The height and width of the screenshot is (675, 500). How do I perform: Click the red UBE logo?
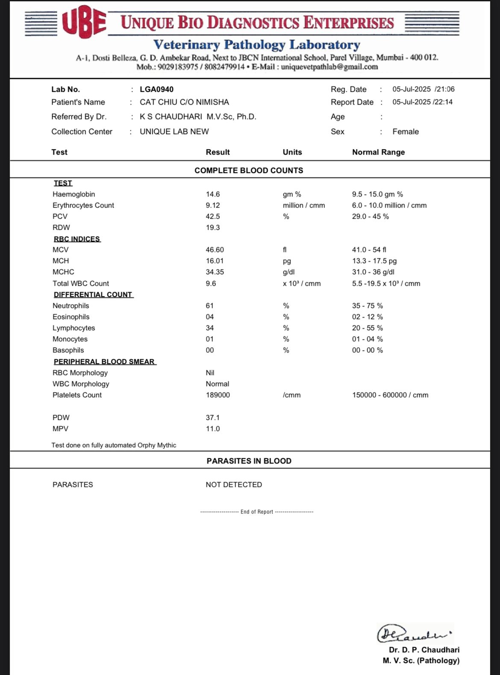click(x=84, y=22)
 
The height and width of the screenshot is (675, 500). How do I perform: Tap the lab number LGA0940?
click(x=156, y=89)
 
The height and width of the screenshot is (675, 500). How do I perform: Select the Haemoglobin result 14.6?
click(x=213, y=194)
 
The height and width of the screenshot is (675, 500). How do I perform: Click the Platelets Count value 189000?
click(x=218, y=395)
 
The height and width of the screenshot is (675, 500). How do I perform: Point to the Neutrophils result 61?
click(x=209, y=306)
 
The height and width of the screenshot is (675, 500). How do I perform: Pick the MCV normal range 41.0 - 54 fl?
click(x=369, y=250)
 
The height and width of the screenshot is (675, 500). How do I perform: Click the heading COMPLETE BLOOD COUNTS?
click(x=249, y=170)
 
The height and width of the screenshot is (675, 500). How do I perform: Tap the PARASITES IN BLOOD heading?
click(x=249, y=461)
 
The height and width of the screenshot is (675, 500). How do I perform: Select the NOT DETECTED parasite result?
click(x=234, y=485)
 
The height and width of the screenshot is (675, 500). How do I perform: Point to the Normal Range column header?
click(x=378, y=152)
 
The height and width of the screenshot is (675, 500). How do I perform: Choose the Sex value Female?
click(x=406, y=132)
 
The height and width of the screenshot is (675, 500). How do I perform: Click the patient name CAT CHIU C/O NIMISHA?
click(x=184, y=102)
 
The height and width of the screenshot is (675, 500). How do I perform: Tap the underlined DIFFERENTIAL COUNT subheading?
click(x=93, y=295)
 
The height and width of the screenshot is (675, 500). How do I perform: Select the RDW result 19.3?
click(x=213, y=228)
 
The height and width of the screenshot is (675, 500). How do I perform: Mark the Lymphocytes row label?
click(x=74, y=328)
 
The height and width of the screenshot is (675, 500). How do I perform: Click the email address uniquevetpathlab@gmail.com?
click(x=329, y=67)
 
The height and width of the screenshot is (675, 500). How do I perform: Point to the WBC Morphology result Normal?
click(x=217, y=384)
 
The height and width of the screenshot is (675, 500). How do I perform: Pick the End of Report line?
click(x=256, y=512)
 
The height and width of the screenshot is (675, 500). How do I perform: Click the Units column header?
click(x=292, y=152)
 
